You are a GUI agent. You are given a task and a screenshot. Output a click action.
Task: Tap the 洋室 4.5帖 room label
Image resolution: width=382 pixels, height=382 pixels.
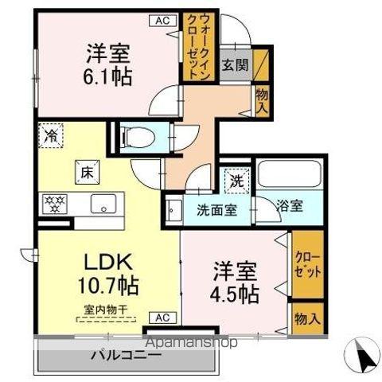(235, 282)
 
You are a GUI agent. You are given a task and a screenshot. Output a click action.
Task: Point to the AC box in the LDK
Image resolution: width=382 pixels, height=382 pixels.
(162, 318)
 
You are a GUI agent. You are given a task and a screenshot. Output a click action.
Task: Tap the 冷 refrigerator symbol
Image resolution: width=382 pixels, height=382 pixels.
(50, 135)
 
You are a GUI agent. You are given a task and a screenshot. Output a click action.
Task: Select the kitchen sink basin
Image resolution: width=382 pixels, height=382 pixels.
(102, 205)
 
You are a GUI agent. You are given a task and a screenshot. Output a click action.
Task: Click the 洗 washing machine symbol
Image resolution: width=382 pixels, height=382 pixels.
(236, 181)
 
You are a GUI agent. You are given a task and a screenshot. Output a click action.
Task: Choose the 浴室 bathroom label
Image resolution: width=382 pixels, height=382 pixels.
(288, 206)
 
